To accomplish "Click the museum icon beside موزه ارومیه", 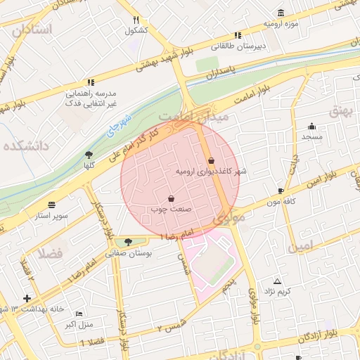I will [281, 12].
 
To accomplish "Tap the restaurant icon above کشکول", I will [136, 20].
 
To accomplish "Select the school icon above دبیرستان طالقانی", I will [238, 35].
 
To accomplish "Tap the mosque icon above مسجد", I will [311, 127].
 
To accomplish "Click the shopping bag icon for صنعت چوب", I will [172, 199].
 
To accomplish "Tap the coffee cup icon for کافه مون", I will [281, 191].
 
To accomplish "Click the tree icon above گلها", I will [89, 155].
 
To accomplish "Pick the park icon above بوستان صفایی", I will [127, 243].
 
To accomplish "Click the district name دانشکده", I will [25, 146].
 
